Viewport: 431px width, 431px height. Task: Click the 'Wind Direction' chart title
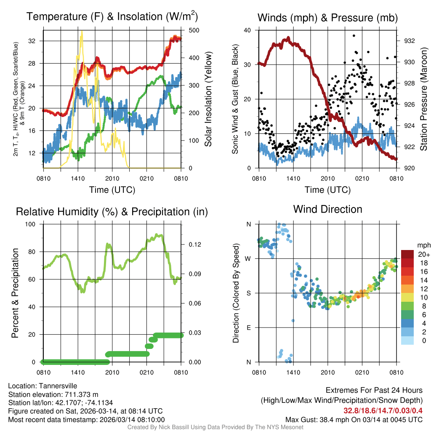pyautogui.click(x=327, y=209)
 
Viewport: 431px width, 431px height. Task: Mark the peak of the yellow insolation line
pyautogui.click(x=81, y=31)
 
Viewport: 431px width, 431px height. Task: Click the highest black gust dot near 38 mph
pyautogui.click(x=354, y=36)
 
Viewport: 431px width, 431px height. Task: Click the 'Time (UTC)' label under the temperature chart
pyautogui.click(x=112, y=190)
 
